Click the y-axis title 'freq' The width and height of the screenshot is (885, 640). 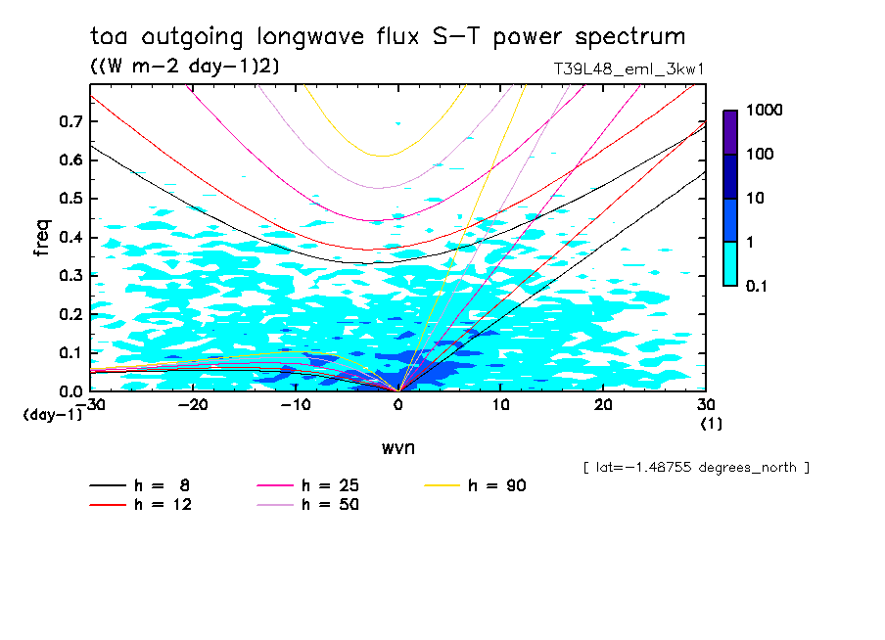pos(41,238)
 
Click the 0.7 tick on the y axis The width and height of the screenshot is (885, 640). pos(71,121)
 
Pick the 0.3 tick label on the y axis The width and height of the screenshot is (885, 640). pos(71,276)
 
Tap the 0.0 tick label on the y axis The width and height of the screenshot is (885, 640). pos(71,391)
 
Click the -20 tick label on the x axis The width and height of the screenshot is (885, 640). pos(193,405)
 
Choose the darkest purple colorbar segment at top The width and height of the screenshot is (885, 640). pos(730,132)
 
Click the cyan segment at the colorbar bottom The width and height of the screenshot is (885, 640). pos(730,263)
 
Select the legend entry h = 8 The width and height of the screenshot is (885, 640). pos(141,485)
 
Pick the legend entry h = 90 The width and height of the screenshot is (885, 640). pos(477,485)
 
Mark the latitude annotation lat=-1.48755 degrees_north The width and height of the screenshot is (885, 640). pos(695,468)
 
